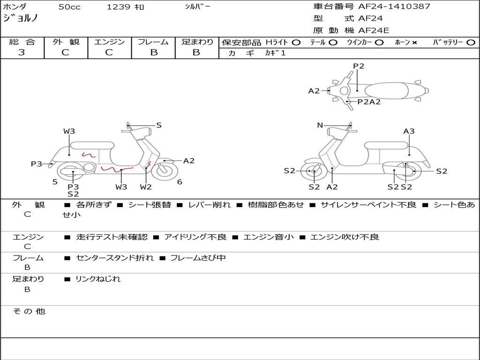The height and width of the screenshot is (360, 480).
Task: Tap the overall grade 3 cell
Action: (x=22, y=52)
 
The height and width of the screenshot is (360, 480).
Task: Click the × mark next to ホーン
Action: (x=414, y=43)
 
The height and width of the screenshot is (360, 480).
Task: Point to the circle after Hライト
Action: (x=296, y=43)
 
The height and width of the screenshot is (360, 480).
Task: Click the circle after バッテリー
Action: (x=471, y=43)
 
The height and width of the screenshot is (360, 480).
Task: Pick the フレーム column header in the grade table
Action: (x=153, y=42)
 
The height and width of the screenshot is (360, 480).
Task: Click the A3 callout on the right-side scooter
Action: (x=409, y=131)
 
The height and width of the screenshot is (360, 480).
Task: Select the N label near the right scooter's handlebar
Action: (x=320, y=125)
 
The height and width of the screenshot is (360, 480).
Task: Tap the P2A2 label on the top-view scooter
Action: (x=369, y=102)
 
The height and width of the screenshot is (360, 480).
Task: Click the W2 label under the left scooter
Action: (x=146, y=187)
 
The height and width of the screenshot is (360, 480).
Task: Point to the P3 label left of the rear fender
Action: (x=37, y=164)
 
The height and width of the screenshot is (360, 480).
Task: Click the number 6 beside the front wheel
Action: (x=180, y=182)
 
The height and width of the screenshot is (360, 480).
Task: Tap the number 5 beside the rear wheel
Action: (x=55, y=182)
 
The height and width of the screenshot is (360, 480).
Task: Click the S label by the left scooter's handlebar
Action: (x=159, y=125)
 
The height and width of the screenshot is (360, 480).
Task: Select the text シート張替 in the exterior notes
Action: (x=150, y=205)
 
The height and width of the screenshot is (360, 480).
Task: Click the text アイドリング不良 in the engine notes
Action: (x=195, y=237)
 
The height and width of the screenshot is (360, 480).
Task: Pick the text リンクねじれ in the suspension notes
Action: (x=98, y=279)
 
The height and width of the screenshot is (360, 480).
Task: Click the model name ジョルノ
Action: (x=21, y=19)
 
